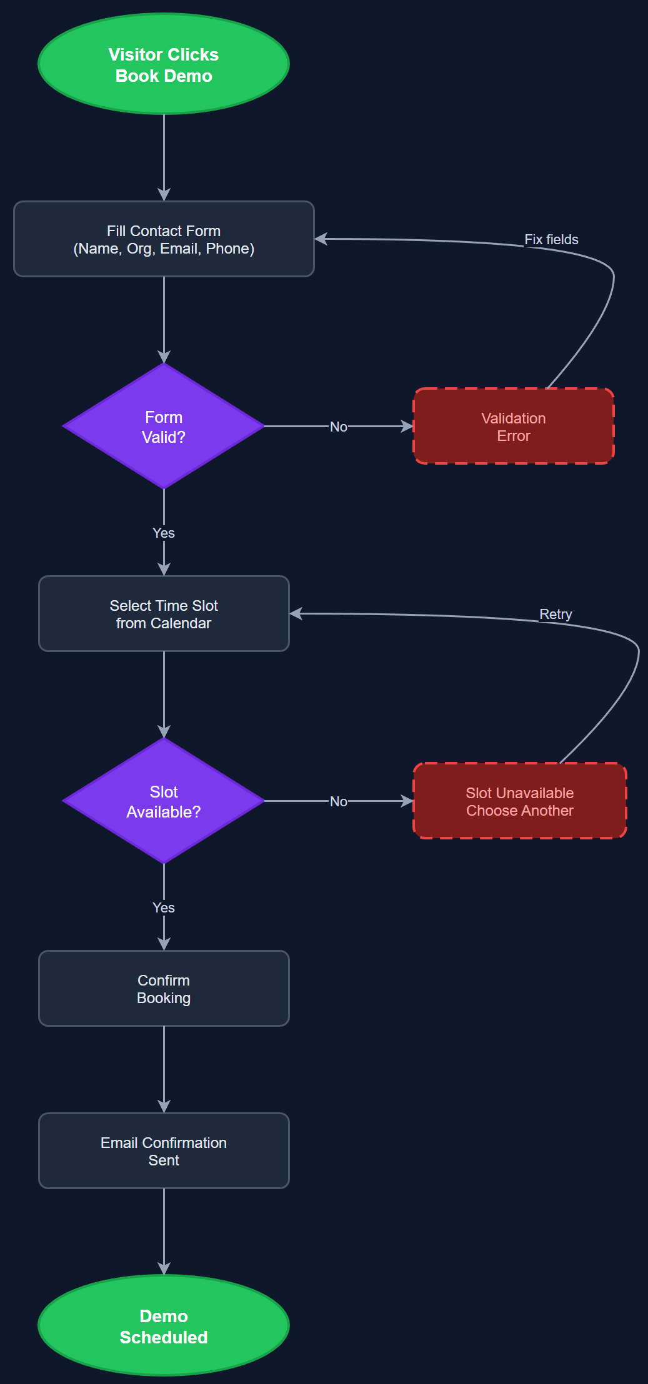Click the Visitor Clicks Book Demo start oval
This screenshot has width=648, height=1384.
164,64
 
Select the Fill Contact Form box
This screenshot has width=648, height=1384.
164,239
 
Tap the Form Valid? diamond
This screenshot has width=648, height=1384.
164,427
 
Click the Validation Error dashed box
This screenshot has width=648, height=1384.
513,427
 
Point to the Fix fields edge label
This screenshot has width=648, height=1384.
551,240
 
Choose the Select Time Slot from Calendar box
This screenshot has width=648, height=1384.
164,614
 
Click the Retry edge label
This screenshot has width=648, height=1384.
556,615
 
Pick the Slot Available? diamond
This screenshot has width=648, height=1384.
164,801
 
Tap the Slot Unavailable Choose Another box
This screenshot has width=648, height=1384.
519,801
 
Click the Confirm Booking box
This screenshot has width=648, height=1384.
164,989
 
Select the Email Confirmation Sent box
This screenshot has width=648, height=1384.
164,1151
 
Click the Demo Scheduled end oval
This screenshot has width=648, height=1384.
164,1326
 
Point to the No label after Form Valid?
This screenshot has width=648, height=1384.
339,427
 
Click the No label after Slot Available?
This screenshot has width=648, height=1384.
339,801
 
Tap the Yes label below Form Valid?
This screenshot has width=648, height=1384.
164,533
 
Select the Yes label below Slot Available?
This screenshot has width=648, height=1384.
164,907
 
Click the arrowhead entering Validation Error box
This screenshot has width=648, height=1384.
408,427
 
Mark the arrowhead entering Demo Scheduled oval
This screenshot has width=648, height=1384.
164,1269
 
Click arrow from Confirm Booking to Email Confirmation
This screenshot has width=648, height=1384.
164,1068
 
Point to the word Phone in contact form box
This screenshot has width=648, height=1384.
228,249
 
